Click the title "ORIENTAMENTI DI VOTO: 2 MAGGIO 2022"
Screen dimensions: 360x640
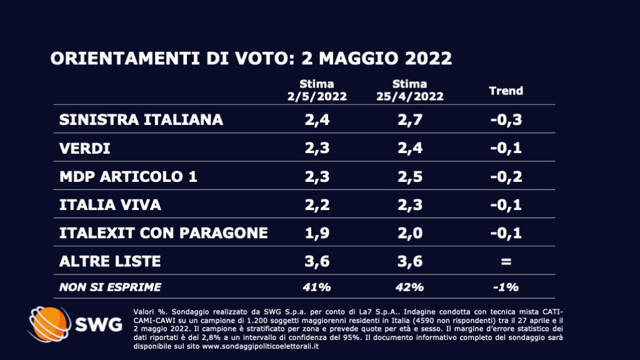pos(251,59)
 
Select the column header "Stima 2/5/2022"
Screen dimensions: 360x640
pos(317,90)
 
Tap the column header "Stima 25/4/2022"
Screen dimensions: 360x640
pos(410,90)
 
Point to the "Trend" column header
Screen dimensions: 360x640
pos(506,91)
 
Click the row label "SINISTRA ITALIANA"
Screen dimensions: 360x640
pos(141,120)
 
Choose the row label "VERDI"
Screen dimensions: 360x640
pos(84,148)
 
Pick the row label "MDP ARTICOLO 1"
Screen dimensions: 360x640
pos(128,176)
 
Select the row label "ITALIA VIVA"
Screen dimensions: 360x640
pos(111,204)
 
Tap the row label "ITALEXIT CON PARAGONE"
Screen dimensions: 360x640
pos(163,232)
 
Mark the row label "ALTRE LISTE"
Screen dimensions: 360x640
pos(110,261)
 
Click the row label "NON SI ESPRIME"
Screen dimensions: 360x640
pos(110,287)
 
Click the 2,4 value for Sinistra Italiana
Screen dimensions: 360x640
pos(317,120)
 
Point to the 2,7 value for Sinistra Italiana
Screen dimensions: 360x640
pos(410,120)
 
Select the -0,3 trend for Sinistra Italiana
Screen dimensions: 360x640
pos(506,120)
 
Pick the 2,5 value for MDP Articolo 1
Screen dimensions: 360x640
pos(410,176)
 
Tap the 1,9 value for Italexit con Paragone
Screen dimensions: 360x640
pos(317,232)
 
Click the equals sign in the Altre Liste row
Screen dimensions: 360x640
pos(506,261)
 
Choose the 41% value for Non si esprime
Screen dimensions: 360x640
pos(317,287)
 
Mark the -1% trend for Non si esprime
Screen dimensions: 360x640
pos(506,287)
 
